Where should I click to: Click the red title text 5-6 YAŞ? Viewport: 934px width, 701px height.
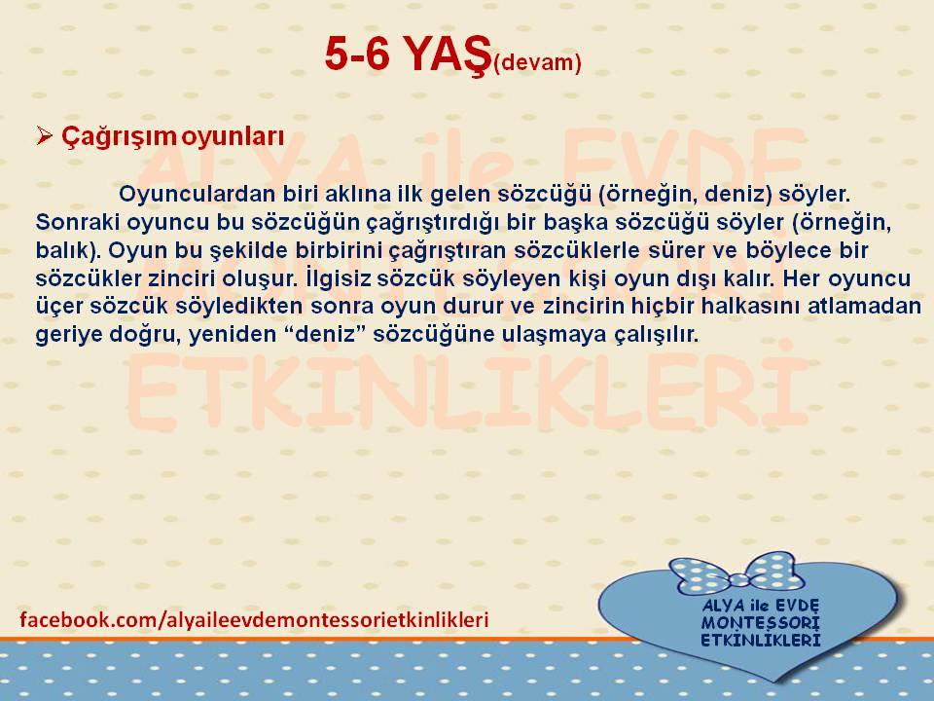point(408,55)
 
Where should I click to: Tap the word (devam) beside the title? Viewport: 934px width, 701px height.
point(537,62)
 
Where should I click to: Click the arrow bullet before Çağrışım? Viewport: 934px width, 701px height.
point(44,136)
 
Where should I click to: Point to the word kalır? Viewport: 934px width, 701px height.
point(749,278)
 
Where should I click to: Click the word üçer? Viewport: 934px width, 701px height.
point(59,307)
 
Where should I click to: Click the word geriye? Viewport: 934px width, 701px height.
point(68,335)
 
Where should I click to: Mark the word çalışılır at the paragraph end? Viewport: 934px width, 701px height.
point(656,335)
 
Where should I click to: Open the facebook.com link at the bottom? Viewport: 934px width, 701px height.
point(254,620)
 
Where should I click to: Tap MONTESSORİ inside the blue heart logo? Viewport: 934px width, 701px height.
point(760,623)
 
